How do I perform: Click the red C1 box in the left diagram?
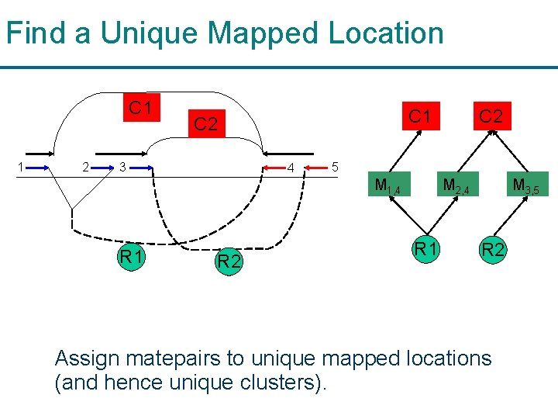click(142, 107)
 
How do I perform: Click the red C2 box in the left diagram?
click(207, 123)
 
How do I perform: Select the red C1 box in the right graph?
click(421, 116)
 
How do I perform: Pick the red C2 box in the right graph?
click(492, 116)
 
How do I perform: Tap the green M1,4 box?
click(389, 184)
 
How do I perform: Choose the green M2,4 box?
click(458, 184)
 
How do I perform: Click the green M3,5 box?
click(528, 184)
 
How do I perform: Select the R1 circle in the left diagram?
click(131, 256)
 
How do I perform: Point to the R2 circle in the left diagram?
click(229, 261)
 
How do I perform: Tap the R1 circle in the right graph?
click(426, 249)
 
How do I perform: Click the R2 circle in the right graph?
click(493, 249)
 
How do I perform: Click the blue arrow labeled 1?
click(37, 168)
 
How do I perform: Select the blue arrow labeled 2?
click(102, 168)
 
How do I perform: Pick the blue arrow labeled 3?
click(141, 168)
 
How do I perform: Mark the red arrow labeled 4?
click(274, 168)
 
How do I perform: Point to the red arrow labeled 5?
click(316, 168)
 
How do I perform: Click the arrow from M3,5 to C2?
click(510, 151)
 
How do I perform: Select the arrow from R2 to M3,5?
click(511, 216)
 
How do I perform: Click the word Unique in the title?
click(149, 34)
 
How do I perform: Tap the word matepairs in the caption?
click(174, 358)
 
